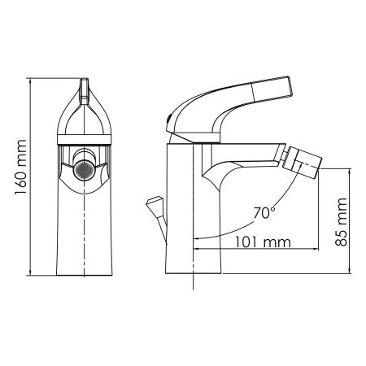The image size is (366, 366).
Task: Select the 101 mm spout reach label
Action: coord(261,241)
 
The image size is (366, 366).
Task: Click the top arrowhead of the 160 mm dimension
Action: coord(30,81)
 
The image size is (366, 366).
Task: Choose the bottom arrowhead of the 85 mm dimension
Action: coord(351,270)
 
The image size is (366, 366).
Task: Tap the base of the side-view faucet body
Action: coord(194,268)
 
